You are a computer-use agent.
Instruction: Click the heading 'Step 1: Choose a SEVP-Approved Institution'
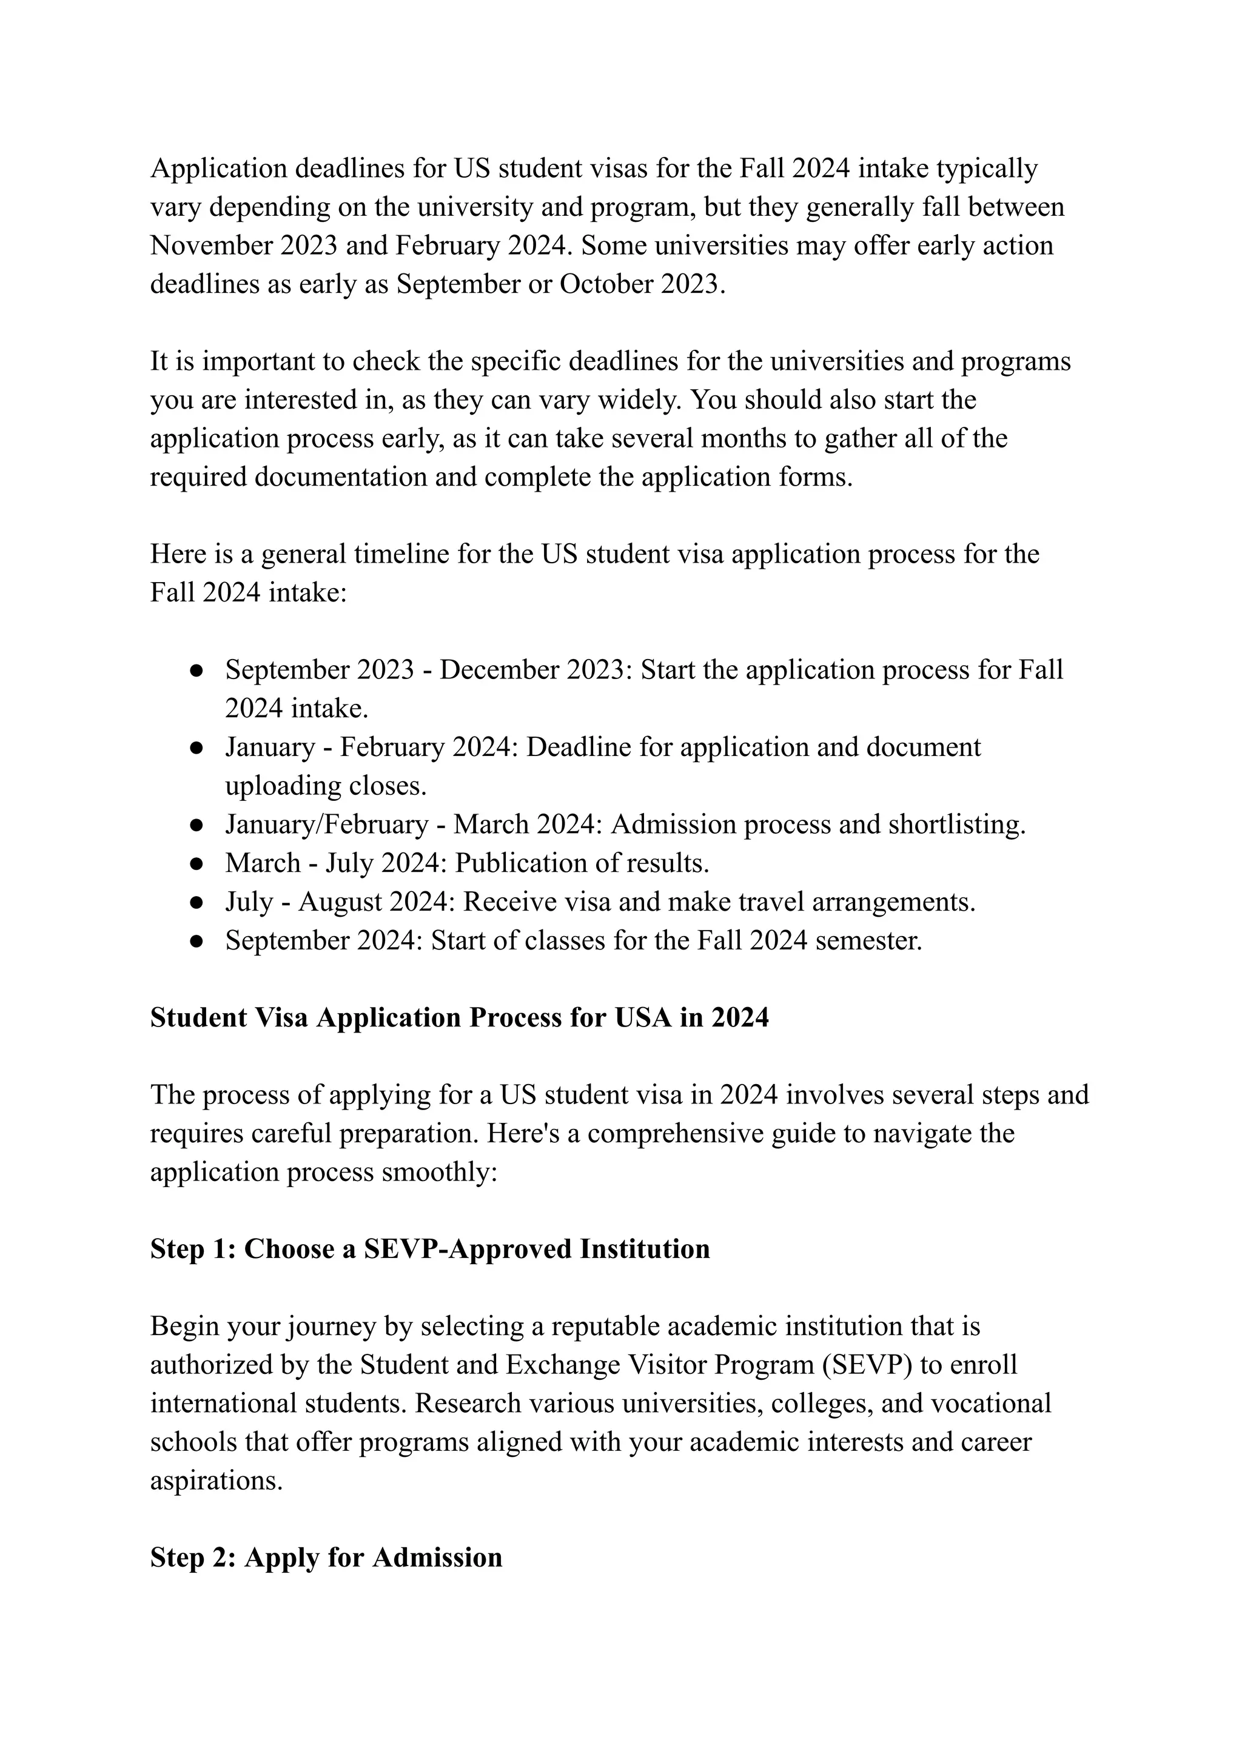coord(430,1248)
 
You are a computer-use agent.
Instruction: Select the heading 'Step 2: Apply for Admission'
coord(326,1558)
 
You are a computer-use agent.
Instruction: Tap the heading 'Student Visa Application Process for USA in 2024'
coord(459,1018)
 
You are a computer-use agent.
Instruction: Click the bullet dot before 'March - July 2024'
coord(196,864)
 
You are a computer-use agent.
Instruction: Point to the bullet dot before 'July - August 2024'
coord(196,902)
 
